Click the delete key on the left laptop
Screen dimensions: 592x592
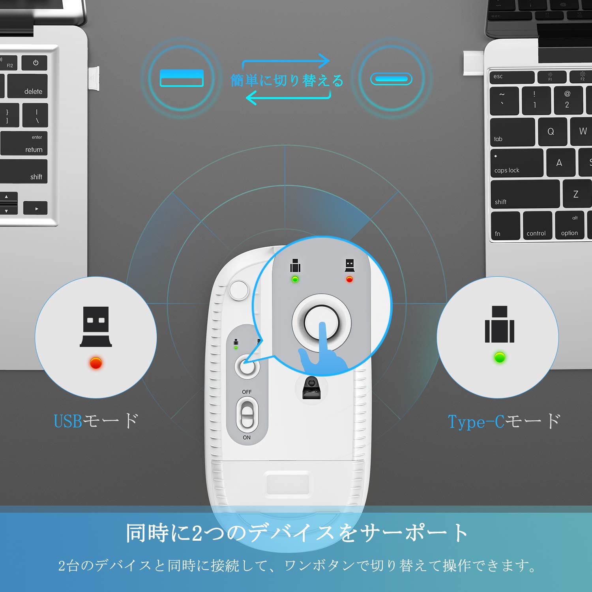point(27,86)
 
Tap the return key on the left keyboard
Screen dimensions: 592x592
point(24,143)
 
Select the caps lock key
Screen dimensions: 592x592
point(517,163)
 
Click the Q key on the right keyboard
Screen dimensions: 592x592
point(551,131)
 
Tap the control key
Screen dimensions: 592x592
point(538,226)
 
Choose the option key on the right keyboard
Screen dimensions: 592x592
point(570,225)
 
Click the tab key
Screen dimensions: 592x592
point(512,132)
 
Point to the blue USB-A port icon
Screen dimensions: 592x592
point(182,78)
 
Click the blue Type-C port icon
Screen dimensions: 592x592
point(391,79)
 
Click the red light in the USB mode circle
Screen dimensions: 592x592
point(96,362)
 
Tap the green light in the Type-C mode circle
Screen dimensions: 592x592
point(500,358)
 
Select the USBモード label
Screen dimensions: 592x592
point(96,421)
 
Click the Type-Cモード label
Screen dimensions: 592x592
point(504,422)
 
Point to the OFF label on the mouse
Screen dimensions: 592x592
point(247,392)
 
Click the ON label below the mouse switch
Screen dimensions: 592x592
point(247,437)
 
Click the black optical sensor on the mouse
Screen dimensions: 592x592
point(311,388)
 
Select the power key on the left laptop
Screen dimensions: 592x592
point(35,63)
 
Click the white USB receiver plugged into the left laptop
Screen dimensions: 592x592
point(94,78)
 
